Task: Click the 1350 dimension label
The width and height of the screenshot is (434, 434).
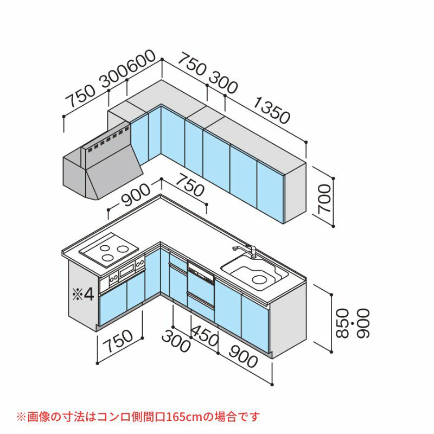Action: [x=271, y=111]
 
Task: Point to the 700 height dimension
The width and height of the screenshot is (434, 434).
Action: [x=325, y=202]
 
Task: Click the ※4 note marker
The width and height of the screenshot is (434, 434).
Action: [x=84, y=294]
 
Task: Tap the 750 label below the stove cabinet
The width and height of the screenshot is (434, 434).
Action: [x=118, y=340]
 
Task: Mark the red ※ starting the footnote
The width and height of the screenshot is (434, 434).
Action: [x=21, y=417]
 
